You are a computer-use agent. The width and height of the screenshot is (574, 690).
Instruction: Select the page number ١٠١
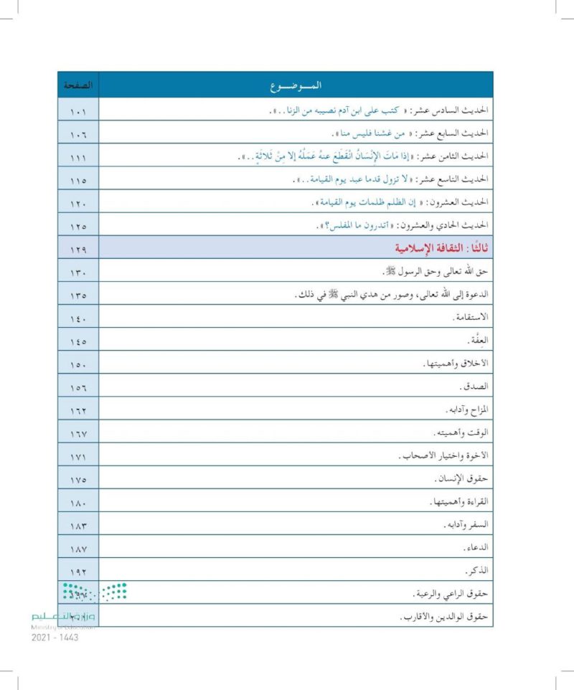78,112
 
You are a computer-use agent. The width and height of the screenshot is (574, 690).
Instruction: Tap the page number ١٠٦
78,135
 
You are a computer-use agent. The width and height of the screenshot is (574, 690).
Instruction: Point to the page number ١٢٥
78,227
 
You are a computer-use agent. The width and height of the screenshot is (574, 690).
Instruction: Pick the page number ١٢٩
78,250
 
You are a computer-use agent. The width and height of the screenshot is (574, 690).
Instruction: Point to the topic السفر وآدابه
464,525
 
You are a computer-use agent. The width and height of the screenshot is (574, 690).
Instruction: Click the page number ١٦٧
78,433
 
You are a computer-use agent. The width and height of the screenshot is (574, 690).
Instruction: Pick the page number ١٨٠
78,502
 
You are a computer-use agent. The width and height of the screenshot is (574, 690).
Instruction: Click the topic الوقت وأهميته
461,433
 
